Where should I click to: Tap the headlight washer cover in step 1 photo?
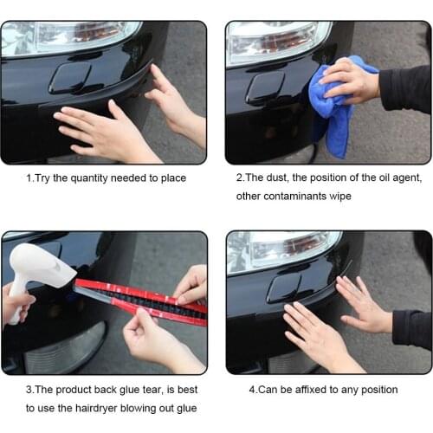pyautogui.click(x=70, y=78)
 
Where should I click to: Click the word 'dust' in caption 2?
pyautogui.click(x=280, y=178)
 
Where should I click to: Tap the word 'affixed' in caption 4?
pyautogui.click(x=307, y=390)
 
